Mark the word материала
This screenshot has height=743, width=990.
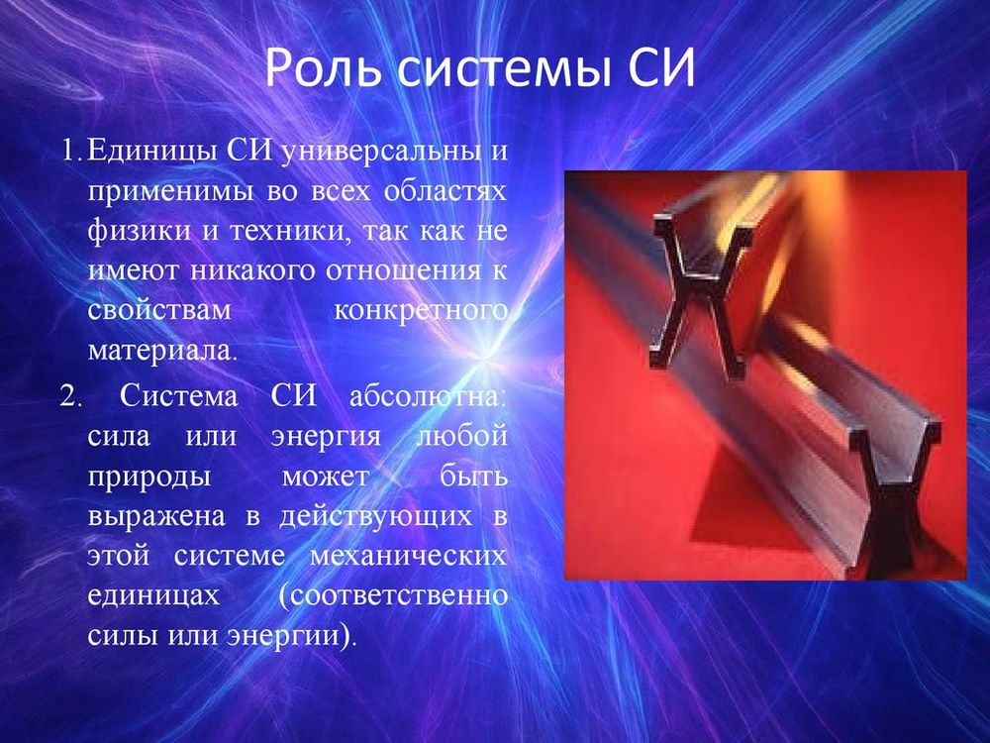pos(162,350)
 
